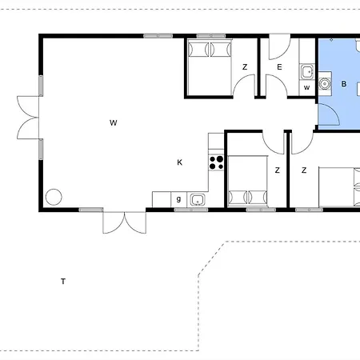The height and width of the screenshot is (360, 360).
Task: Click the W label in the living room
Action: coord(114,122)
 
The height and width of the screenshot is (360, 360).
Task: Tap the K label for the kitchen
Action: coord(180,162)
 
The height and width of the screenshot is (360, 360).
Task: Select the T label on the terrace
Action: coord(63,282)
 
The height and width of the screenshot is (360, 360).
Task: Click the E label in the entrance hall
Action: coord(279,67)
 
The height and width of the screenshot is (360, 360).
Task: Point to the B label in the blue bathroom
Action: coord(344,84)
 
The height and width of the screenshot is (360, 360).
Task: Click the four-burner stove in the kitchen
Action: coord(216,162)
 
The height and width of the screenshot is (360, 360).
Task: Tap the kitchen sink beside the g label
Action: coord(198,200)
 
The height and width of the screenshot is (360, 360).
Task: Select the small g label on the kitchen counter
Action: coord(178,199)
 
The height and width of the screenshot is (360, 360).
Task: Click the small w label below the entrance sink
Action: coord(307,87)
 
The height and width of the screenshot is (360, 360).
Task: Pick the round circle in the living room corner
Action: coord(54,189)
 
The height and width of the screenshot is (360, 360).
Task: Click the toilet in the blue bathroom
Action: coord(325,84)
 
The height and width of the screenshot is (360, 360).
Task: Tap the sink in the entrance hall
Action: coord(307,72)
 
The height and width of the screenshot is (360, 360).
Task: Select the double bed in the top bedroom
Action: coord(210,67)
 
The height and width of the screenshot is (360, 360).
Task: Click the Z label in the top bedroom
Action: coord(245,67)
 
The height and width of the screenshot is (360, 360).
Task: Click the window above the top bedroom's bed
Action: coord(211,36)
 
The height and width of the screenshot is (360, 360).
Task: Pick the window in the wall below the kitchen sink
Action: coord(191,210)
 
